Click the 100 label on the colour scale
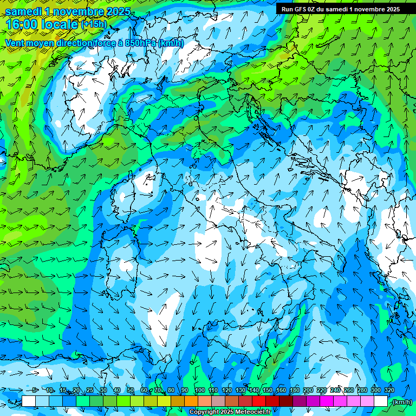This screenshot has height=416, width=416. pyautogui.click(x=199, y=390)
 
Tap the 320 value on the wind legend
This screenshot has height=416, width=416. pyautogui.click(x=389, y=390)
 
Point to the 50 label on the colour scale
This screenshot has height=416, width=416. pyautogui.click(x=131, y=390)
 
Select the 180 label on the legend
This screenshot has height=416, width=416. pyautogui.click(x=294, y=390)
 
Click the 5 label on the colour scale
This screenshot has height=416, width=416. pyautogui.click(x=35, y=390)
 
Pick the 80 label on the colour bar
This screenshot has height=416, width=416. pyautogui.click(x=171, y=390)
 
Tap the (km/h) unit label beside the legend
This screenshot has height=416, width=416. pyautogui.click(x=401, y=402)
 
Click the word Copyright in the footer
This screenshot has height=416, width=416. pyautogui.click(x=204, y=412)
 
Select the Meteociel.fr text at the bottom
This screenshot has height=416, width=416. pyautogui.click(x=253, y=412)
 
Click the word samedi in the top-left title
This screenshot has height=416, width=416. pyautogui.click(x=23, y=11)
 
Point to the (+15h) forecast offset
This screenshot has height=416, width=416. pyautogui.click(x=94, y=24)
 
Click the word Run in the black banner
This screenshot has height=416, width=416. pyautogui.click(x=287, y=9)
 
